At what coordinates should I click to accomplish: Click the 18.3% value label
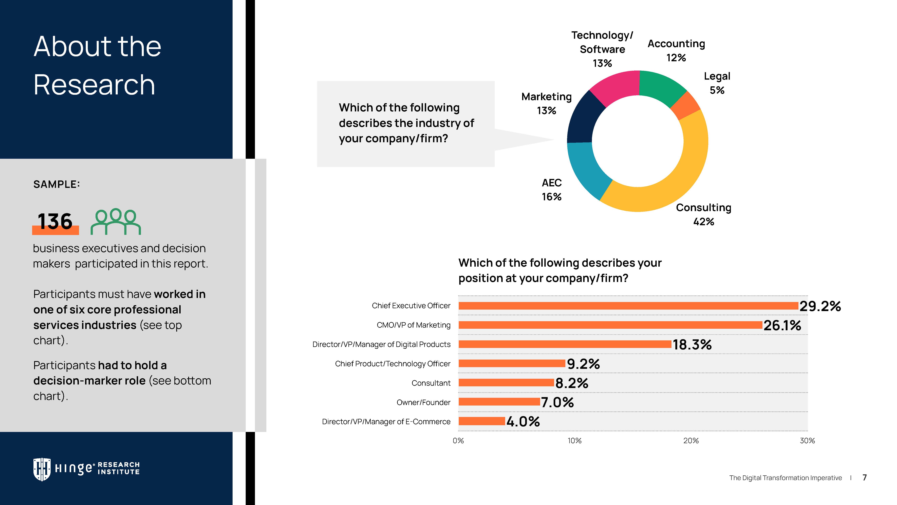pyautogui.click(x=692, y=345)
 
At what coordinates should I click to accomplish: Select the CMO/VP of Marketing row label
pyautogui.click(x=413, y=325)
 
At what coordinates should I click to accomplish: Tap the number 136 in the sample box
pyautogui.click(x=55, y=221)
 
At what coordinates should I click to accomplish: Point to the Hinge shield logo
pyautogui.click(x=42, y=469)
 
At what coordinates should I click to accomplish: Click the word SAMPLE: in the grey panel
pyautogui.click(x=56, y=184)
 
